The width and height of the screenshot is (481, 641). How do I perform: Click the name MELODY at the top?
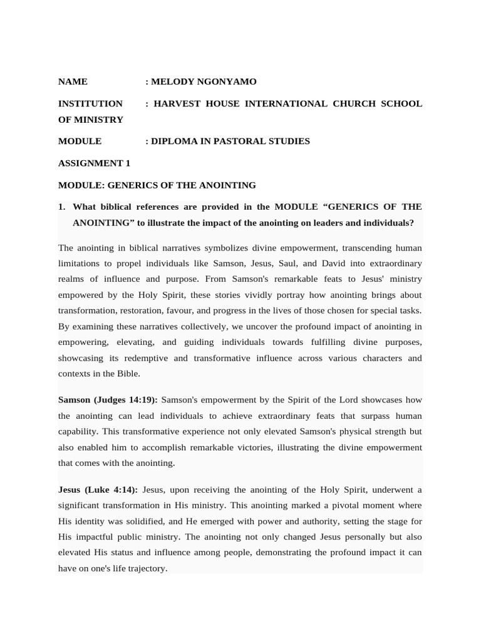coord(172,81)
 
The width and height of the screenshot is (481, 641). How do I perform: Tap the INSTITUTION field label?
coord(90,103)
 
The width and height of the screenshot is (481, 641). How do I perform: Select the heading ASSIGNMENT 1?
coord(94,163)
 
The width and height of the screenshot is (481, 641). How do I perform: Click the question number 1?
coord(61,207)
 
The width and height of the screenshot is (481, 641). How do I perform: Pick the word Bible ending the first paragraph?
coord(128,374)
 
